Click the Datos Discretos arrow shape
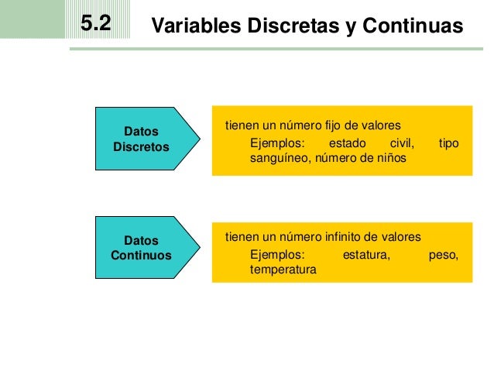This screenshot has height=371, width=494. point(143,139)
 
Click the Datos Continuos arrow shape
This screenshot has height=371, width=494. point(143,248)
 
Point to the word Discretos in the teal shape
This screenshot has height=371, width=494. point(141,146)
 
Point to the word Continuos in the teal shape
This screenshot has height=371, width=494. point(141,256)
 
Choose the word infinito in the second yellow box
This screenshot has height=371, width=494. point(339,236)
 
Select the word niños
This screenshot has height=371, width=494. point(390,159)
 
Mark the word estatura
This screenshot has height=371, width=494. point(366,254)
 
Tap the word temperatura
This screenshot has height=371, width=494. point(283,270)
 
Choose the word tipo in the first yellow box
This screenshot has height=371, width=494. point(449,143)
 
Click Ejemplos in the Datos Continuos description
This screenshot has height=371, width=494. point(278,254)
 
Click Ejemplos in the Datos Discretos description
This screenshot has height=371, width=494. point(278,143)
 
